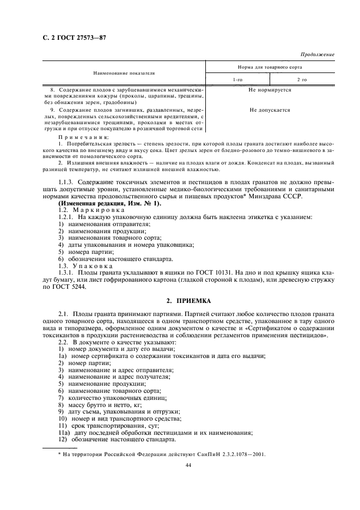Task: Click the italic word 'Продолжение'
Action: click(x=318, y=54)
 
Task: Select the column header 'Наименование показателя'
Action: click(x=124, y=72)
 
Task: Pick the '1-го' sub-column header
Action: click(x=237, y=80)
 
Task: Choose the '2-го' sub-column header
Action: click(x=301, y=80)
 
